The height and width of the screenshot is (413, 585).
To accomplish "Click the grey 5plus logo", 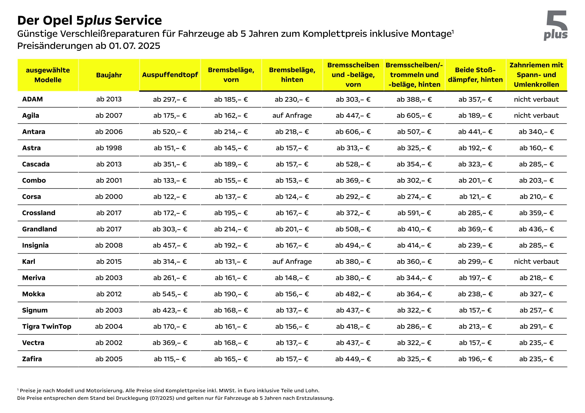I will (555, 25).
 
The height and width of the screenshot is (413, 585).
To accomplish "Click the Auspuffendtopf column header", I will (170, 75).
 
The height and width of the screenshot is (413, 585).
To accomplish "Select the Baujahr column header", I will (109, 75).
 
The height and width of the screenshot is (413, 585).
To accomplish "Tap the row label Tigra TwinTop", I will (47, 327).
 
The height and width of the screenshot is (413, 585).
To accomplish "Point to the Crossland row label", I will (39, 213).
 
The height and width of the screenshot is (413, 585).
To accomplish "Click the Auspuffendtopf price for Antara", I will (170, 132).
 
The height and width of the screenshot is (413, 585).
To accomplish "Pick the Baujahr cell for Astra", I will (109, 148).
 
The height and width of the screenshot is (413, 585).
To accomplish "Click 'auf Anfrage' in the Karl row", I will (292, 262).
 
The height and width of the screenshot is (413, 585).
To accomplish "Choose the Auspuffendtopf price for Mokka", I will (170, 294).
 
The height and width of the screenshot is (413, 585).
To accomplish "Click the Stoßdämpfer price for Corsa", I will (475, 197).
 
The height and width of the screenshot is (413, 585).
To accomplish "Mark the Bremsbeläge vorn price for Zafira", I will (231, 359).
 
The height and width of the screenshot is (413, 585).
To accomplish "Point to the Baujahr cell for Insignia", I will (109, 245).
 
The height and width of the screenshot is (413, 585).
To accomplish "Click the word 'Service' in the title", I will (138, 20).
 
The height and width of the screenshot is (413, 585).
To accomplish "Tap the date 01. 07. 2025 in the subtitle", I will (134, 46).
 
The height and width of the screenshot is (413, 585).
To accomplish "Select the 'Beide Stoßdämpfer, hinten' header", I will (475, 75).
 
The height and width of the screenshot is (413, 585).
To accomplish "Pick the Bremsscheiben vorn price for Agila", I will (353, 115).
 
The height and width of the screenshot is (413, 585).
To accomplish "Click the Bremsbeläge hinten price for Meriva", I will (292, 278).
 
